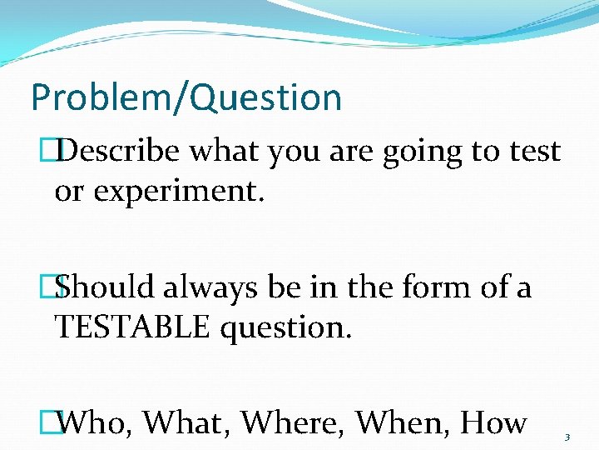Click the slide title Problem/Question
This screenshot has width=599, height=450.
pos(186,97)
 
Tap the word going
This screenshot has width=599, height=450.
pos(423,152)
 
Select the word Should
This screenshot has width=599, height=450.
pos(106,287)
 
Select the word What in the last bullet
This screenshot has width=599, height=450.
pos(186,423)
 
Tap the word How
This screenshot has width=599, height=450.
pos(493,423)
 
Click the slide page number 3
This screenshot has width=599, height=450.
pos(567,437)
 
